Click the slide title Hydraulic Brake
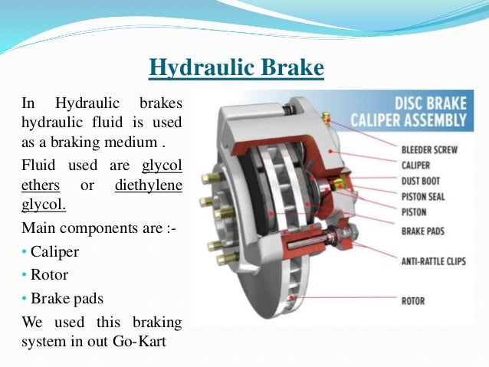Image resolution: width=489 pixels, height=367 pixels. (236, 70)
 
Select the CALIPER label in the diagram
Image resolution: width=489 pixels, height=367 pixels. (415, 165)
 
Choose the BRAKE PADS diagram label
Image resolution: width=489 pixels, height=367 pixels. (424, 229)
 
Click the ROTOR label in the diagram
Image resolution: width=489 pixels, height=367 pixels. (412, 301)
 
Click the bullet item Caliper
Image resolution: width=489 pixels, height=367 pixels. (53, 251)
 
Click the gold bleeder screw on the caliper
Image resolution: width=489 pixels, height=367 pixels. (326, 119)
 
